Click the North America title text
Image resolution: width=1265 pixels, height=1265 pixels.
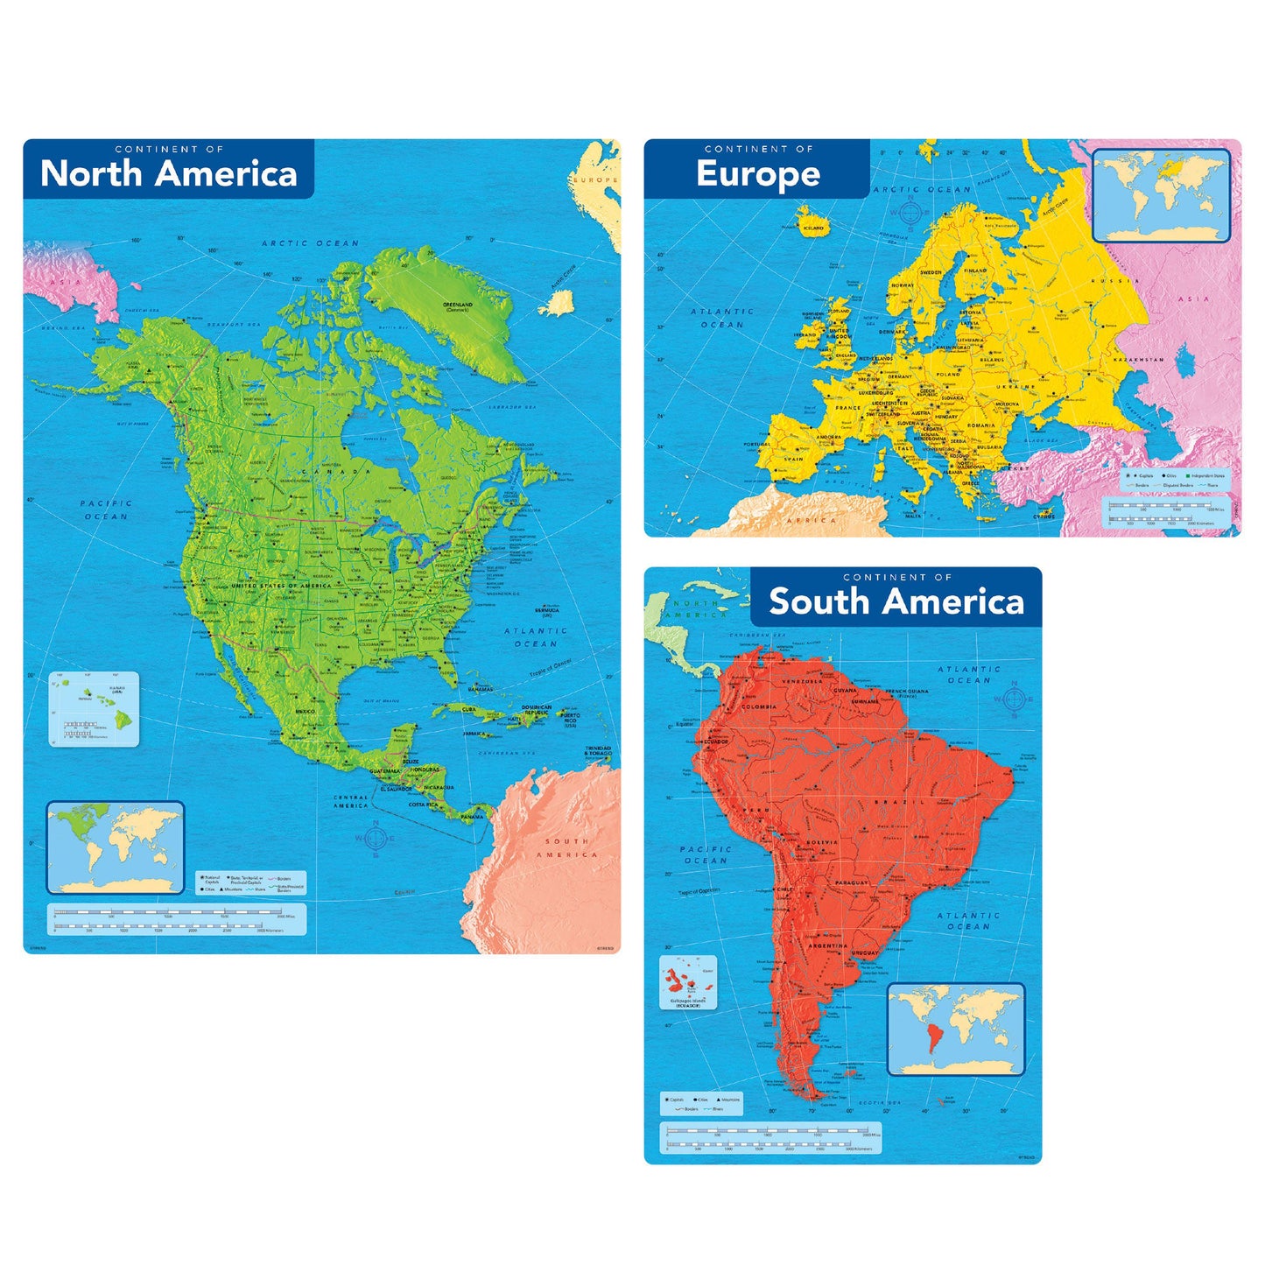[x=169, y=173]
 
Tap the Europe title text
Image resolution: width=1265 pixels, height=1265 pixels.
[x=758, y=174]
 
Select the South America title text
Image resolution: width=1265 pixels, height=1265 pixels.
[x=896, y=602]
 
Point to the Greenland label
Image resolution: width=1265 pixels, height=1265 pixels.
[x=457, y=306]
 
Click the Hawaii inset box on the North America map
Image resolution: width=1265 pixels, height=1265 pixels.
[x=93, y=709]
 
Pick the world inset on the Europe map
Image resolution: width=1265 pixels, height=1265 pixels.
[x=1161, y=195]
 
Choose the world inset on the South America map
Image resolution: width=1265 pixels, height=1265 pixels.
[x=956, y=1030]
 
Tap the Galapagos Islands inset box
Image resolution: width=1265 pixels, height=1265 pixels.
[x=687, y=983]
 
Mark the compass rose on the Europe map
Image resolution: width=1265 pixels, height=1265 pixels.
[x=910, y=211]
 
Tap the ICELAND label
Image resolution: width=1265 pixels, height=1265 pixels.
[x=813, y=228]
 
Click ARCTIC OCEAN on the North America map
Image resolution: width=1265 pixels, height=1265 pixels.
[x=311, y=243]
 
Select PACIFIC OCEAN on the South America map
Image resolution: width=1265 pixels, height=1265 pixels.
[x=706, y=854]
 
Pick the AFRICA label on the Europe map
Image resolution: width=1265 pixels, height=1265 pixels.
[x=812, y=520]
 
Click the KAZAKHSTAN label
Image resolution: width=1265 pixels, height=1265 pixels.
[x=1138, y=359]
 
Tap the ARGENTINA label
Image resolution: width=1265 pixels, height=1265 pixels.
[x=827, y=945]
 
